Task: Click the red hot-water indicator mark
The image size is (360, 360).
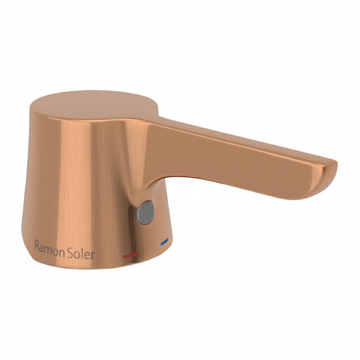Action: click(x=131, y=255)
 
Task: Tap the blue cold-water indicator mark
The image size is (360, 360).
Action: click(x=165, y=241)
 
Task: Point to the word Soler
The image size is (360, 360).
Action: click(x=81, y=253)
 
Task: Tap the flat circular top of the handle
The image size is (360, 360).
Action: click(x=94, y=105)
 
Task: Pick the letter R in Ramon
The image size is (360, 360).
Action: click(x=37, y=245)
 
